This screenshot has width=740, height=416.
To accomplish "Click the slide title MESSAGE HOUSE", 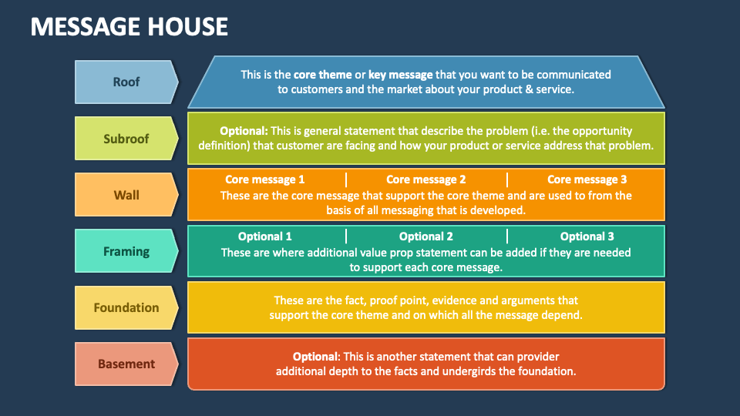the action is point(129,26).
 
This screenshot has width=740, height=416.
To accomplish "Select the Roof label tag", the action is point(126,82).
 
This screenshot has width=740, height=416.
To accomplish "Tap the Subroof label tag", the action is point(126,139).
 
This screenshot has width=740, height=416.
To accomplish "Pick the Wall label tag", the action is point(126,195).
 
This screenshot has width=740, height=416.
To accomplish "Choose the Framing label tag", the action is point(126,251).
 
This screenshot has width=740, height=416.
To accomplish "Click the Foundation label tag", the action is point(126,307).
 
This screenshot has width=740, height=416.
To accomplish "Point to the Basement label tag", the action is point(126,364).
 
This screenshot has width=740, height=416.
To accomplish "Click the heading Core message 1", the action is point(264,179).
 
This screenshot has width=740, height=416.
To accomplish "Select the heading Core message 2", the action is point(426,179).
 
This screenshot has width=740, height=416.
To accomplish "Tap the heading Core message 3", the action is point(587,179).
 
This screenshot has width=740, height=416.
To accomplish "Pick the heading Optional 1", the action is point(264,237).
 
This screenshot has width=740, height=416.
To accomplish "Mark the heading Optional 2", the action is point(426,237).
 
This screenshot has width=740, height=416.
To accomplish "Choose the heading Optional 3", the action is point(587,237).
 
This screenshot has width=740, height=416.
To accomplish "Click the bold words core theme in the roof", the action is point(323,75).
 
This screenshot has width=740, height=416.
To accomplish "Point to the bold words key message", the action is point(401,75).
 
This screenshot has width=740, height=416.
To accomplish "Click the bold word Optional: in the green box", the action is point(244,131).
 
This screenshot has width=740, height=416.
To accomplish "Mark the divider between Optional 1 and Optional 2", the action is point(346,237).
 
